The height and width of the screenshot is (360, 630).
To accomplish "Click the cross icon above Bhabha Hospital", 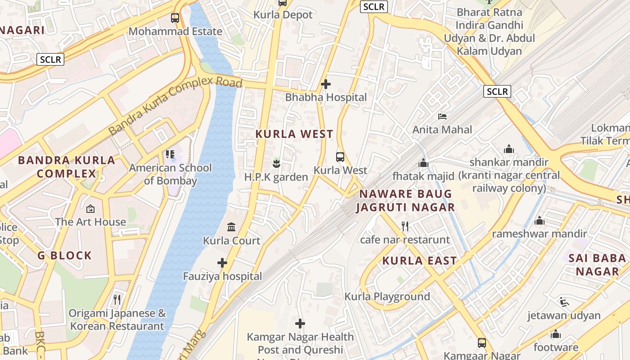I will click(x=326, y=84).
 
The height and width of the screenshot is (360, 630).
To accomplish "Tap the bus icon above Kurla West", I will click(x=340, y=157).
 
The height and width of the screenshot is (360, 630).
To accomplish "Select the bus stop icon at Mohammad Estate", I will click(x=175, y=18).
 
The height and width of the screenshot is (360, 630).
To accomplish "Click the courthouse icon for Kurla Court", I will click(x=231, y=227).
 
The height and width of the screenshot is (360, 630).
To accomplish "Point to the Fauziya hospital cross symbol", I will click(x=222, y=263).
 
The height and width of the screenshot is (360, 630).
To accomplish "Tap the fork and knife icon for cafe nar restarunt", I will click(x=405, y=226).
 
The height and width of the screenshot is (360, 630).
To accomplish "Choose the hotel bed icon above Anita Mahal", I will click(x=442, y=117).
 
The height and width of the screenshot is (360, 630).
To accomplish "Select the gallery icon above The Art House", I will click(x=90, y=209).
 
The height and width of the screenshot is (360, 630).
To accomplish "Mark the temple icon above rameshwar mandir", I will click(x=539, y=220).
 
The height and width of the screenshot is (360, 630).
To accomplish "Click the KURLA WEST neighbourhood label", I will click(x=294, y=134).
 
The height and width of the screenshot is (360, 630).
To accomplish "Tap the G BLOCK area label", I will click(x=65, y=256).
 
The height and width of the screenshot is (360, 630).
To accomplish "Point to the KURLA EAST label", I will click(x=419, y=261).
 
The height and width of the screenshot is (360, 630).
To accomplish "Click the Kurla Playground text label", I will click(x=387, y=297).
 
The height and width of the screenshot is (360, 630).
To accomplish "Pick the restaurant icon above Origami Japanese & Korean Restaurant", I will click(x=117, y=299).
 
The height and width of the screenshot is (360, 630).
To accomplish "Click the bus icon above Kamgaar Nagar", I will click(x=481, y=342).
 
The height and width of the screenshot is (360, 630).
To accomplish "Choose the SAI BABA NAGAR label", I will click(x=597, y=265).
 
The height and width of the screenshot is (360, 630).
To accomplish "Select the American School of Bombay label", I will click(x=170, y=174).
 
